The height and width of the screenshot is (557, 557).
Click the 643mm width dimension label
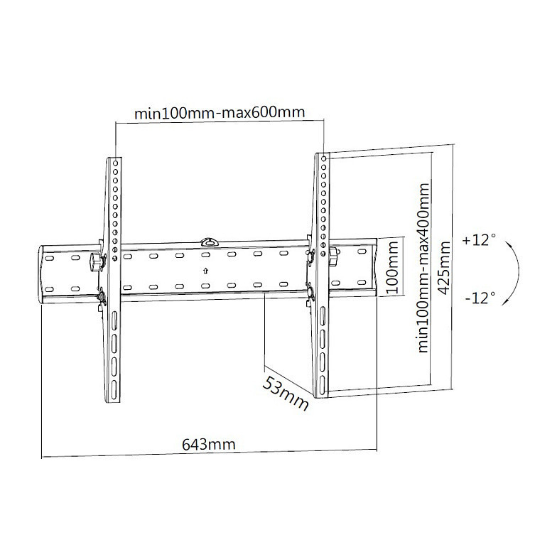pyautogui.click(x=209, y=445)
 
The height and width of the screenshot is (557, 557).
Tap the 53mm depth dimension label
pyautogui.click(x=286, y=394)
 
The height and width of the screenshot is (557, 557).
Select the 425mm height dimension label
pyautogui.click(x=444, y=269)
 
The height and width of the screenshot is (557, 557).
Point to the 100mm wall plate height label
pyautogui.click(x=392, y=267)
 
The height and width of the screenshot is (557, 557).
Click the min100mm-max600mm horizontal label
pyautogui.click(x=220, y=112)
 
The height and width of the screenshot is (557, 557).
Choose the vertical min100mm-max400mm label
pyautogui.click(x=423, y=267)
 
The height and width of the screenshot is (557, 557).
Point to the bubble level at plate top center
pyautogui.click(x=210, y=242)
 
